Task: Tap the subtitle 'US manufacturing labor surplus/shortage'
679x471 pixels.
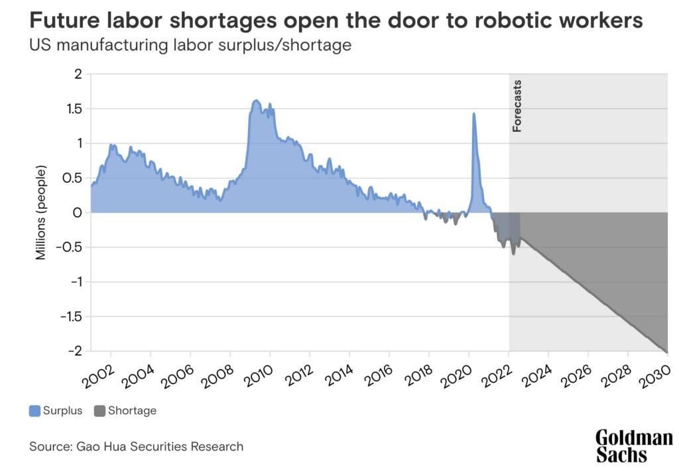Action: [190, 46]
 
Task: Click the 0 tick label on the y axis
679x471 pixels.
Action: [77, 213]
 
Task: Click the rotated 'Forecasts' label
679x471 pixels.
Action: [518, 106]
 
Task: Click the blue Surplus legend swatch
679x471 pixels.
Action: [35, 411]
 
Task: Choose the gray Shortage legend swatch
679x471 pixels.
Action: [100, 411]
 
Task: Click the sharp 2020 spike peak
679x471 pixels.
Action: [473, 114]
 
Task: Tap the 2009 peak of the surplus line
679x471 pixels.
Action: [256, 101]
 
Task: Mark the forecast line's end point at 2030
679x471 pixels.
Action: [666, 352]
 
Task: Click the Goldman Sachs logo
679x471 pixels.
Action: [634, 446]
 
